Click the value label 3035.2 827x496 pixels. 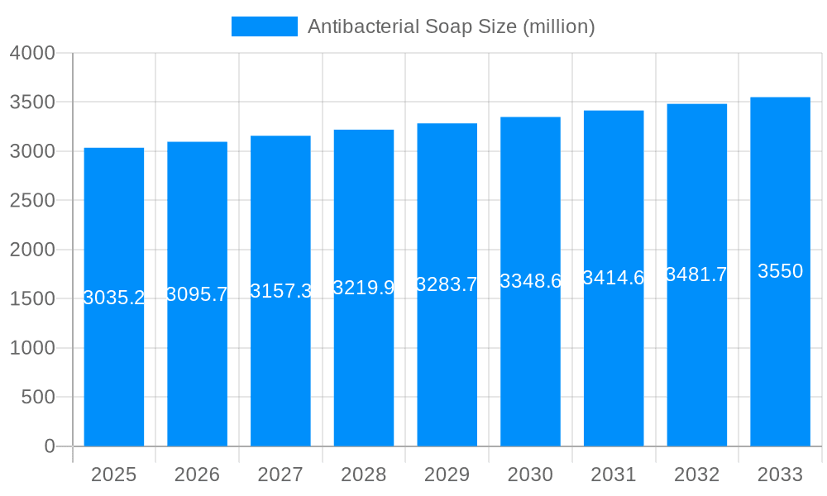click(x=114, y=298)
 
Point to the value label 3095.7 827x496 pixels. click(x=197, y=294)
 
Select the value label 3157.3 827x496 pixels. click(x=280, y=291)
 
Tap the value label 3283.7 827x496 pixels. click(x=447, y=284)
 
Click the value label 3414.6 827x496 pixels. click(x=614, y=278)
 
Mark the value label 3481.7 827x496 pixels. click(x=696, y=274)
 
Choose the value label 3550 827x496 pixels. click(x=780, y=271)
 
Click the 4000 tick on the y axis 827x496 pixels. click(x=32, y=53)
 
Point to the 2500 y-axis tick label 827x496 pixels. click(x=32, y=201)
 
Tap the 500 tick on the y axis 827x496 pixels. click(x=38, y=398)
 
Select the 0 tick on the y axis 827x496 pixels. click(x=49, y=446)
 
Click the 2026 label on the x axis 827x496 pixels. click(x=197, y=475)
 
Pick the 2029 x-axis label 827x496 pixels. click(x=447, y=475)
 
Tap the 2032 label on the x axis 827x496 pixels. click(x=696, y=475)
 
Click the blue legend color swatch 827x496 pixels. click(x=264, y=26)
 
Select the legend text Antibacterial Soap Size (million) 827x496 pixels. click(x=451, y=26)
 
